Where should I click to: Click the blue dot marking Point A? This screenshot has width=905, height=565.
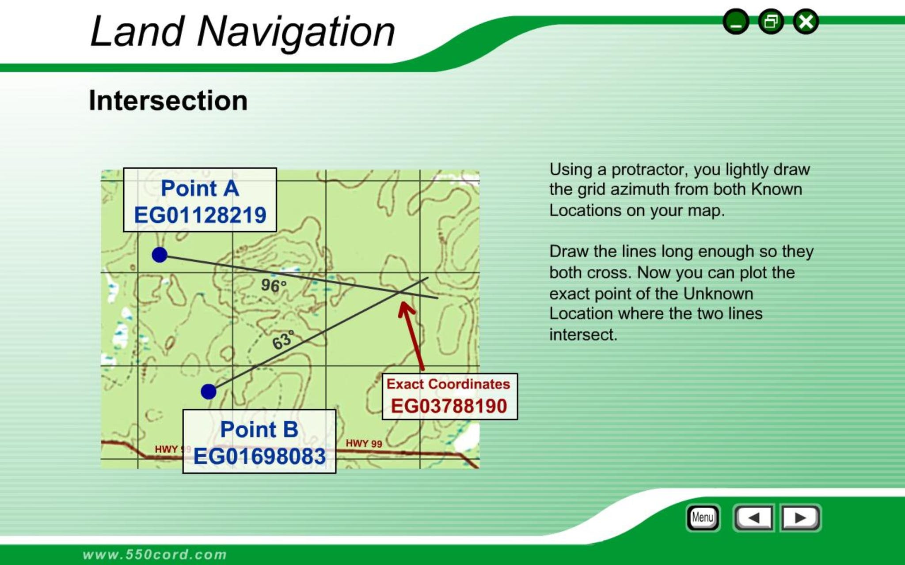pos(160,255)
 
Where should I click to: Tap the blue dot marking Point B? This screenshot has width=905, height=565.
pos(209,392)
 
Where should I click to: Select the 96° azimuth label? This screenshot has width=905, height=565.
pos(274,286)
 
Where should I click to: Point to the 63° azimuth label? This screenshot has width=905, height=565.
pos(283,340)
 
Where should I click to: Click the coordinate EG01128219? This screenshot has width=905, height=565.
pos(200,215)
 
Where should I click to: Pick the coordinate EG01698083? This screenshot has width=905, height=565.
pos(260,456)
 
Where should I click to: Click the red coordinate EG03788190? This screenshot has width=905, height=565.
pos(449,406)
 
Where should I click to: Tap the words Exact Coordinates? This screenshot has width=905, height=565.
pos(449,384)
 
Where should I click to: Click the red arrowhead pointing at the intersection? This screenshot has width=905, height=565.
pos(405,308)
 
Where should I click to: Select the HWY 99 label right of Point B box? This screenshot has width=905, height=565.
pos(364,443)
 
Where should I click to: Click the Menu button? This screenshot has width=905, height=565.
pos(703,517)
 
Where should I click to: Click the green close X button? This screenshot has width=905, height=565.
pos(806,22)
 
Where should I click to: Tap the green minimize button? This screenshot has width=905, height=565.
pos(736,22)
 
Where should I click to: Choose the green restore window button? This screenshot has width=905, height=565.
pos(771,22)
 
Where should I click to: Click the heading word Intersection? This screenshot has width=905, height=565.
pos(168,101)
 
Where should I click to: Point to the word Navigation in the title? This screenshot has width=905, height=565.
pos(296,32)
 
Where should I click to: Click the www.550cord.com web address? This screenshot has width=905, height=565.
pos(155,554)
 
